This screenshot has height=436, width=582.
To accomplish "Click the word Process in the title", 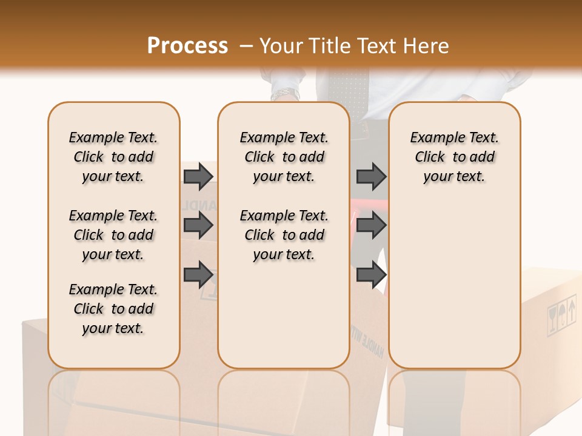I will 187,45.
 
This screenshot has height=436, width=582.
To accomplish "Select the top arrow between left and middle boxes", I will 198,176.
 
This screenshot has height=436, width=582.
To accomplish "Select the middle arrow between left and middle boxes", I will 198,225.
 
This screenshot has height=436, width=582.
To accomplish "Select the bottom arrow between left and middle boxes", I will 198,275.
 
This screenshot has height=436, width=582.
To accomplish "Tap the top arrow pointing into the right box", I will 371,176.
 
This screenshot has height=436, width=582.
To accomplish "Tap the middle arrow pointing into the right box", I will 371,225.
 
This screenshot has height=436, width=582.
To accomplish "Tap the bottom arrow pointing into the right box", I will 371,275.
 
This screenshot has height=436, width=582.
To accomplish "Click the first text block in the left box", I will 113,157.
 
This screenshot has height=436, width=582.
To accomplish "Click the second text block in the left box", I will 113,235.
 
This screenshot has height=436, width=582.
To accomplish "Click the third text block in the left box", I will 113,309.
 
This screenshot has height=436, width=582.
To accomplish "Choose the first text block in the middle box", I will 284,157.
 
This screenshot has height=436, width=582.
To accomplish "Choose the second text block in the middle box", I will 284,235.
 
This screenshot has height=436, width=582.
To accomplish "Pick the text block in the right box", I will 454,157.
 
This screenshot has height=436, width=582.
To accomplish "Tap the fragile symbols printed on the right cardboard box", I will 561,315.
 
